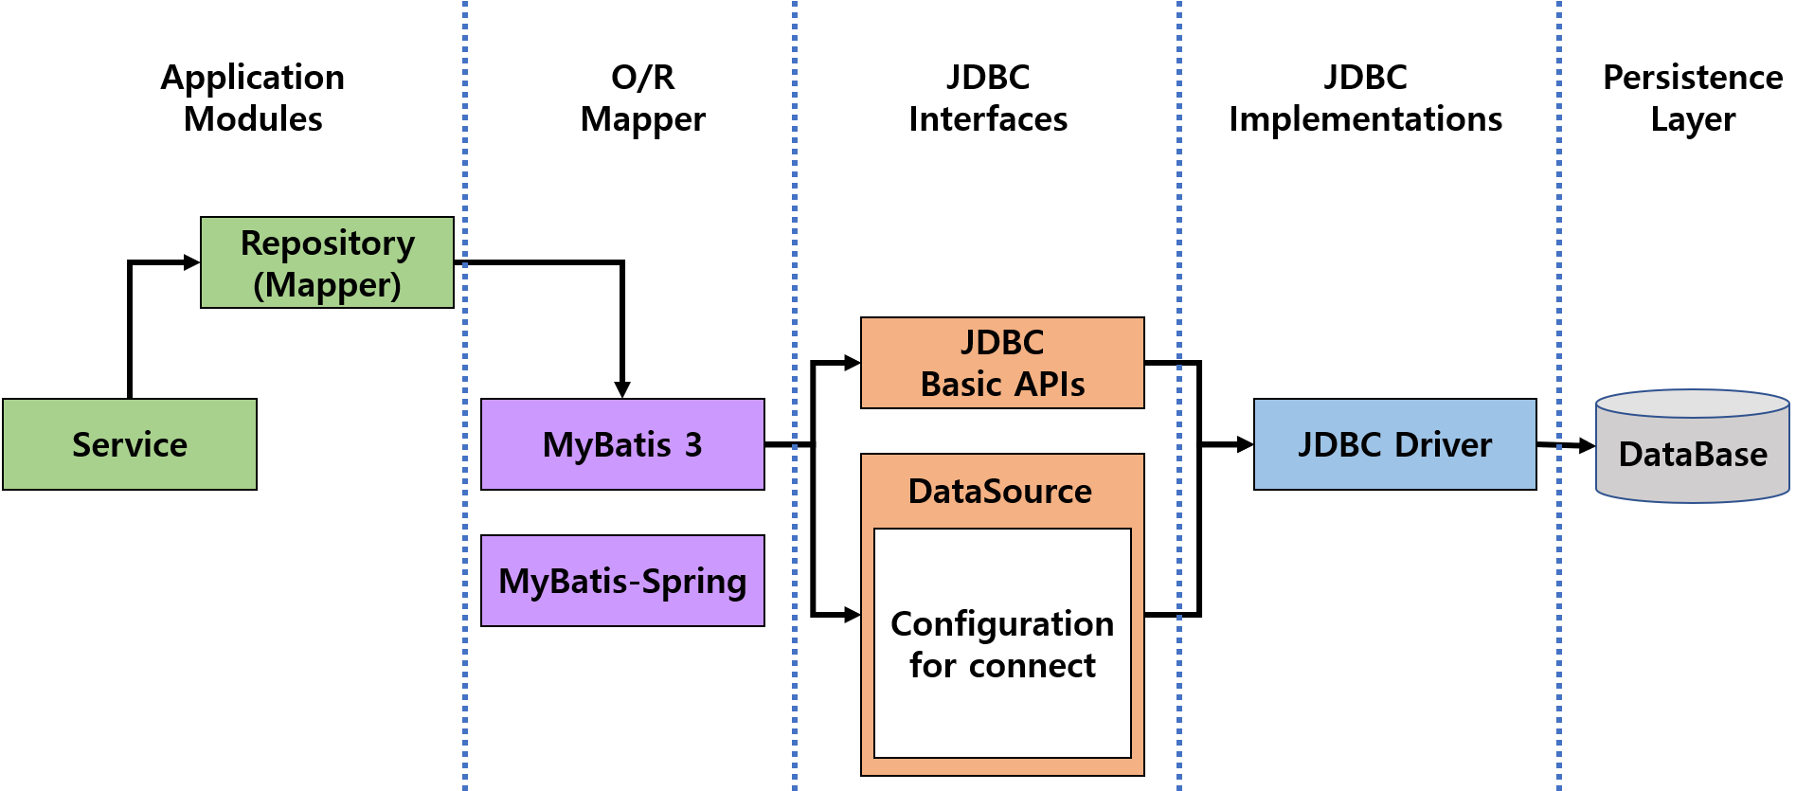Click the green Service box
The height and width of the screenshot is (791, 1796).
(x=130, y=444)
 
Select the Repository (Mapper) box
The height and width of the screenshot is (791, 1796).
(x=327, y=262)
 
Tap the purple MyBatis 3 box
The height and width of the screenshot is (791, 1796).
(x=622, y=444)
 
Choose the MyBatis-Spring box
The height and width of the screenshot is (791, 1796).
(x=622, y=581)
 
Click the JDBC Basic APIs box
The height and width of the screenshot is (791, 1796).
(x=1002, y=363)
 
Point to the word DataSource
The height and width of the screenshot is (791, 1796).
(x=1000, y=492)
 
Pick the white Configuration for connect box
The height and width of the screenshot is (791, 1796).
(x=1002, y=643)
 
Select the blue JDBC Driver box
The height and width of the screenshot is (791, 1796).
(x=1394, y=444)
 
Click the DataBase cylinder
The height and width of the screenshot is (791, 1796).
(x=1693, y=450)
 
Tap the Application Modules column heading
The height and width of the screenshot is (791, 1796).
(x=253, y=98)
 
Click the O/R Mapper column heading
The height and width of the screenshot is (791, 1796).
(x=642, y=98)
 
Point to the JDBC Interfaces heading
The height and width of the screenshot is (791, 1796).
(x=988, y=98)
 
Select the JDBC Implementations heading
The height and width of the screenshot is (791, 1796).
(x=1365, y=98)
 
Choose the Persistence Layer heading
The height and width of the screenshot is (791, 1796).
(x=1693, y=98)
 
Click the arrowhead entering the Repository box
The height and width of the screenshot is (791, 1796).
(x=191, y=262)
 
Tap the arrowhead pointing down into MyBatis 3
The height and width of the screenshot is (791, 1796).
(x=622, y=389)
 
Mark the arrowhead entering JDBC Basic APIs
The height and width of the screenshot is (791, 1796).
(x=852, y=363)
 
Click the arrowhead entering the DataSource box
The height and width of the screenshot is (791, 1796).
(x=852, y=615)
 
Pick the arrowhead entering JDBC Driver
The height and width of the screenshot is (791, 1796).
(x=1245, y=444)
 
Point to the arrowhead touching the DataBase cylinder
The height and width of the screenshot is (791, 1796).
(x=1587, y=445)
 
